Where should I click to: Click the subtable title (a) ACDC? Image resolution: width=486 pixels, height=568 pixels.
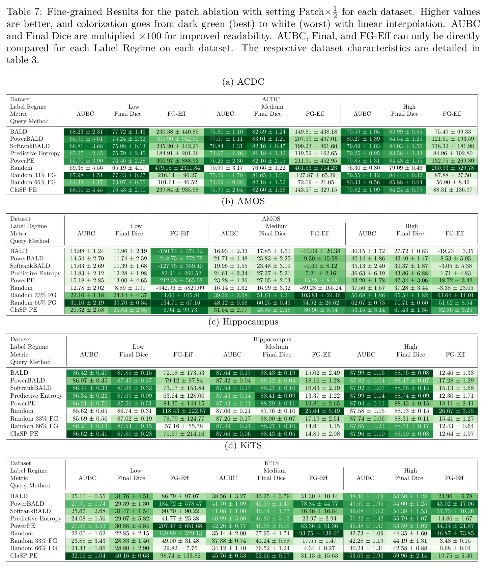243,82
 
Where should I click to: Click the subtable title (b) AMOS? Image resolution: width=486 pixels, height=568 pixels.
243,201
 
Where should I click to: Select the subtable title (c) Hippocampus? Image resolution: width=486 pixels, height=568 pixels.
243,322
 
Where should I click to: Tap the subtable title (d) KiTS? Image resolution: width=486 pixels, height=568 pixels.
243,446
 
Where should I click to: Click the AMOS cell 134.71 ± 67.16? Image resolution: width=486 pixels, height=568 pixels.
179,303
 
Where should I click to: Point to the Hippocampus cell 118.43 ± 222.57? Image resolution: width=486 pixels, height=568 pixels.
183,411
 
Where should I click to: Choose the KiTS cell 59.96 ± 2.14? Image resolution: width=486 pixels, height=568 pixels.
409,556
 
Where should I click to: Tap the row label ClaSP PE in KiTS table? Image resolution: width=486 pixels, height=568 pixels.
24,556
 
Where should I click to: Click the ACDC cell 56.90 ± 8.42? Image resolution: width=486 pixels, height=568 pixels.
452,182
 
